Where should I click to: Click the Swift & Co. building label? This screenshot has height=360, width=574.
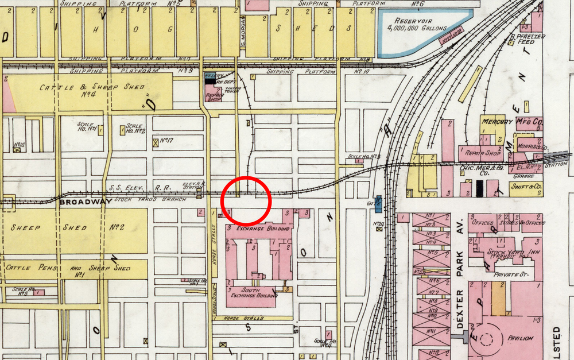point(526,185)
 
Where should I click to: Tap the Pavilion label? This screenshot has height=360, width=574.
point(520,338)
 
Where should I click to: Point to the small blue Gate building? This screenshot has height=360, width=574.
point(378,202)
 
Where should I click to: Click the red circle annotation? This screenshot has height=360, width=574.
point(246,200)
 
